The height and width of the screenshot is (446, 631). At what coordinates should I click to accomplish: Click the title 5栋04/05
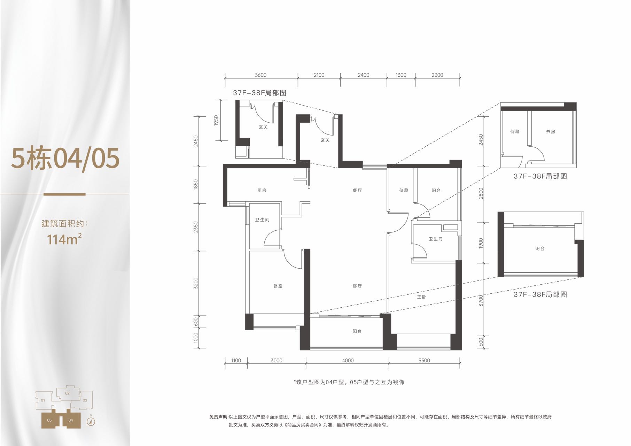[x=65, y=159]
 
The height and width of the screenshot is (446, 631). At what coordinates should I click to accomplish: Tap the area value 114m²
[x=64, y=239]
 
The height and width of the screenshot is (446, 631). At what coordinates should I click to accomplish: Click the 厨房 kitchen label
[x=262, y=191]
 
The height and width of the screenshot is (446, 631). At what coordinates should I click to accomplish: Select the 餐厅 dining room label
[x=357, y=191]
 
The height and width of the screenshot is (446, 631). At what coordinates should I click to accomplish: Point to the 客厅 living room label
[x=357, y=286]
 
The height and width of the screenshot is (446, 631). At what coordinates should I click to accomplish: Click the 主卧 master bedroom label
[x=421, y=297]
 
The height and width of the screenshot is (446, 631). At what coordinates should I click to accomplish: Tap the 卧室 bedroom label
[x=278, y=286]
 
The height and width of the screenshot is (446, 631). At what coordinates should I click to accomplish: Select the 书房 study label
[x=551, y=132]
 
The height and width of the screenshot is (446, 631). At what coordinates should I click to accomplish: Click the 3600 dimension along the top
[x=260, y=75]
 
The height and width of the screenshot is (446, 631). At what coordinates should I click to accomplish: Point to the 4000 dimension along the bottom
[x=348, y=361]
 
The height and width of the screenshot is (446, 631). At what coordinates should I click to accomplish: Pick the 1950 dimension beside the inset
[x=216, y=121]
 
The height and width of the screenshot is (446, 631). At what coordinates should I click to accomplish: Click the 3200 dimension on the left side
[x=195, y=283]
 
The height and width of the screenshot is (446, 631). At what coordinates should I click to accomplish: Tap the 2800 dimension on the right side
[x=481, y=193]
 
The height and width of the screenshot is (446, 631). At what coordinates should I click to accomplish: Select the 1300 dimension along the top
[x=401, y=75]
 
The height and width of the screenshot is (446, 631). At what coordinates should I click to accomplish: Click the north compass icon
[x=91, y=422]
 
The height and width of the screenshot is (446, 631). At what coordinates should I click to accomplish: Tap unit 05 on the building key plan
[x=49, y=420]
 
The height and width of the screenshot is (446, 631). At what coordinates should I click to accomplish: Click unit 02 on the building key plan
[x=67, y=393]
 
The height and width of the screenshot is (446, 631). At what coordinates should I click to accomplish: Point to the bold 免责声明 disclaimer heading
[x=218, y=417]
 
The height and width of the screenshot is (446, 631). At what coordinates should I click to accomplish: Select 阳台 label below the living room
[x=357, y=331]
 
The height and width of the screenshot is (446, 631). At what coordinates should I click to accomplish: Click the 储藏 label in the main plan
[x=404, y=191]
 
